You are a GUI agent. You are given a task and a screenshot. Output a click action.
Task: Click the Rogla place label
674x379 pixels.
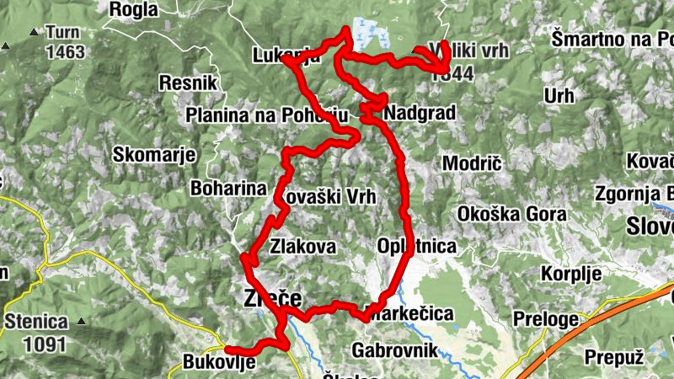point(133,9)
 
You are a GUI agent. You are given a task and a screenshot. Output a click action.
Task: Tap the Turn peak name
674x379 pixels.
point(62,33)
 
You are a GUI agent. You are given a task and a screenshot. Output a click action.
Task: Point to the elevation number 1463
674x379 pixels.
point(66,52)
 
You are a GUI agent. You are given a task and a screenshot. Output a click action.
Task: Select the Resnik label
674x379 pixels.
point(188,83)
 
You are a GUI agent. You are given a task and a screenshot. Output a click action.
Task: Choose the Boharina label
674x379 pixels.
point(227,188)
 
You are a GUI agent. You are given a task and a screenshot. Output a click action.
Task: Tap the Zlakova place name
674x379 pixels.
point(303,247)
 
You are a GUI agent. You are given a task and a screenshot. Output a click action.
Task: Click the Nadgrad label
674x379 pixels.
point(419,113)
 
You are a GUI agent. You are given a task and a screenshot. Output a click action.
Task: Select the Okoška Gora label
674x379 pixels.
point(511,214)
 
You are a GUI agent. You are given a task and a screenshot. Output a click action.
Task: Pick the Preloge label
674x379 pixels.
point(546,319)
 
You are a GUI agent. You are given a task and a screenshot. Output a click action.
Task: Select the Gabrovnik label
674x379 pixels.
point(394,349)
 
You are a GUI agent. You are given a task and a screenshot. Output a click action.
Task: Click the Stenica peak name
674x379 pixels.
point(35,321)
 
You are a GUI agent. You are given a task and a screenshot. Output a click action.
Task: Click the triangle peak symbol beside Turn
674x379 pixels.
point(34,33)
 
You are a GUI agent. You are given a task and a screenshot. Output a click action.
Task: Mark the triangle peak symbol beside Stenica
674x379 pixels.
point(81,321)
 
